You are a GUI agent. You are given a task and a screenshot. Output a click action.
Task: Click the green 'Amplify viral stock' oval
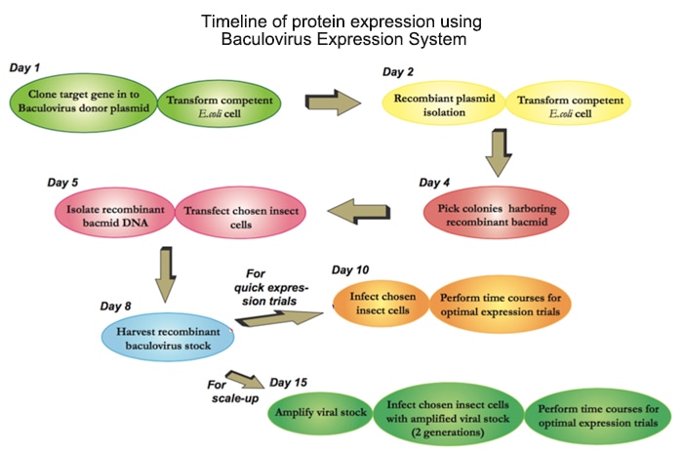click(x=320, y=413)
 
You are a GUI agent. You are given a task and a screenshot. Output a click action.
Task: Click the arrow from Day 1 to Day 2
click(x=333, y=102)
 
